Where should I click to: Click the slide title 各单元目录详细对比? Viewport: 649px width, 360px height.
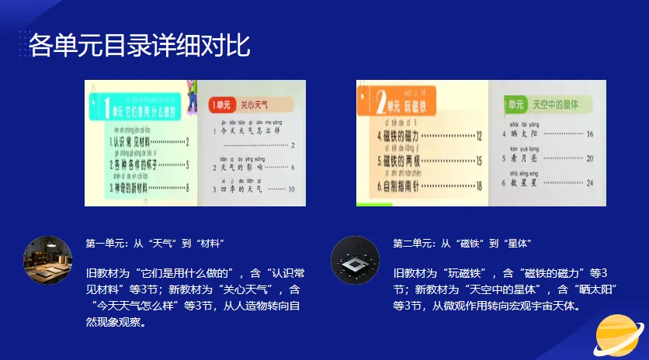[140, 46]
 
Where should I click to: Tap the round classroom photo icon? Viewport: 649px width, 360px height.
[47, 260]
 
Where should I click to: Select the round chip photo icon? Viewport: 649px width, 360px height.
[355, 260]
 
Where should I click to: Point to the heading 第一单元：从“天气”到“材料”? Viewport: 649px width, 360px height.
[155, 244]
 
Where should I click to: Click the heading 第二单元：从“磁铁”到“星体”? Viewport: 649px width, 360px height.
[462, 244]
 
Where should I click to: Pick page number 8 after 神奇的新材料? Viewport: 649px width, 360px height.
[187, 187]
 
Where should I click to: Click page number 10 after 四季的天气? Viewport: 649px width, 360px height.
[292, 189]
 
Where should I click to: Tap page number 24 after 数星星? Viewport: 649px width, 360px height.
[589, 182]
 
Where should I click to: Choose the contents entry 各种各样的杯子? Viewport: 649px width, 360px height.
[134, 164]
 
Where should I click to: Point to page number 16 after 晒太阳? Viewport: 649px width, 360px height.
[589, 134]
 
